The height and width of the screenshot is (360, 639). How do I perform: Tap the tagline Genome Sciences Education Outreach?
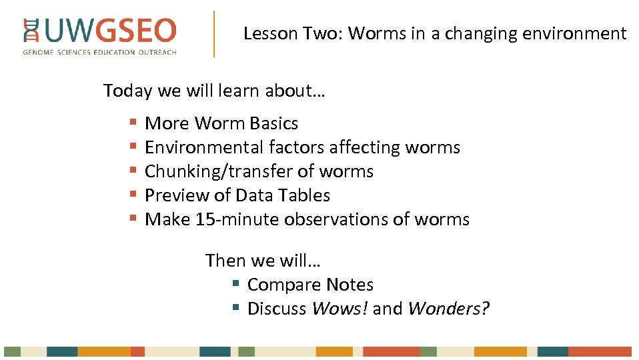100,52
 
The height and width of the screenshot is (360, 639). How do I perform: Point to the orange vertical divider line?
214,33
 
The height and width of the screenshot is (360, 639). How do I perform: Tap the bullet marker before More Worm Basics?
133,123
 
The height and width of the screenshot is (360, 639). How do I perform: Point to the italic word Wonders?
448,309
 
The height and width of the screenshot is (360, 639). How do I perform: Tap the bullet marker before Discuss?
235,308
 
